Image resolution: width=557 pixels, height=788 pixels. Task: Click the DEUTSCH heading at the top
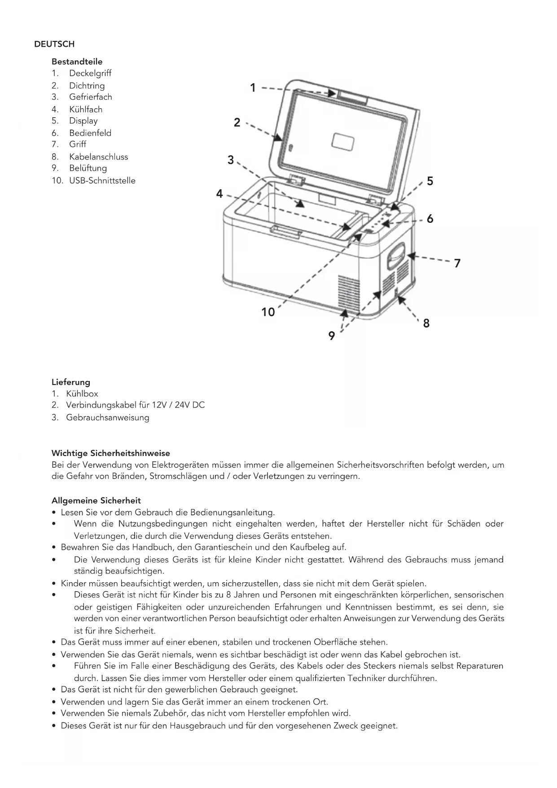[54, 44]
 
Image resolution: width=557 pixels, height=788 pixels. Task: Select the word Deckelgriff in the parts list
[90, 73]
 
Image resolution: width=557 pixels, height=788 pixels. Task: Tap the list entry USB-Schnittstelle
[102, 181]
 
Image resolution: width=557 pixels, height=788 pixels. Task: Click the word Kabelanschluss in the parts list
[98, 157]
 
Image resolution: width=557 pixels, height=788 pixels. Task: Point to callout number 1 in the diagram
[253, 88]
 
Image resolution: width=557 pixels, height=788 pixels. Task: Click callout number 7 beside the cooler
[457, 263]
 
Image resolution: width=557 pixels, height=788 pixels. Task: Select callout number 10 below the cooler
[268, 312]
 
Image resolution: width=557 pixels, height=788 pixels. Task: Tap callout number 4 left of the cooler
[219, 194]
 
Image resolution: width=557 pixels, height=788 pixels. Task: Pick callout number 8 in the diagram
[426, 323]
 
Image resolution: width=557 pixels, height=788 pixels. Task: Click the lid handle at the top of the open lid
[353, 97]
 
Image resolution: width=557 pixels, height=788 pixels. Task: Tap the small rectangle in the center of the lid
[342, 142]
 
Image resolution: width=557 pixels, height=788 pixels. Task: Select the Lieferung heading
[71, 382]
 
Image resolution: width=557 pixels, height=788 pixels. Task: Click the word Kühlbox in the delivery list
[82, 394]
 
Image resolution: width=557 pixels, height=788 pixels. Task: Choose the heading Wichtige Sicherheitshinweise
[111, 453]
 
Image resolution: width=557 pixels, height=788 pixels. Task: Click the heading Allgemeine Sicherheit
[96, 500]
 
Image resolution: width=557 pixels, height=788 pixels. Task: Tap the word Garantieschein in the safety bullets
[223, 547]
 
